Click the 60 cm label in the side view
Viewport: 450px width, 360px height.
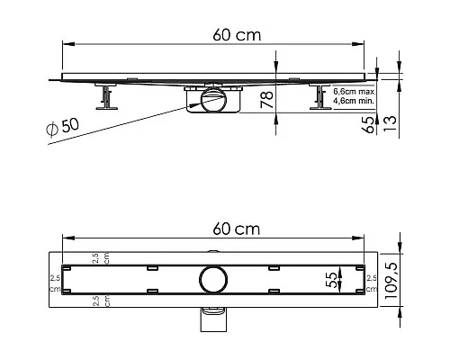coord(237,35)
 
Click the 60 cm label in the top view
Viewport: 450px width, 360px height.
coord(237,229)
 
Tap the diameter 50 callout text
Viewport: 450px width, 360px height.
coord(63,127)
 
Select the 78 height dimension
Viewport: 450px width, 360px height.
coord(266,100)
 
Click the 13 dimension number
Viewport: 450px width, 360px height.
coord(390,123)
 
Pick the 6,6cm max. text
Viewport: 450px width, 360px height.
coord(354,92)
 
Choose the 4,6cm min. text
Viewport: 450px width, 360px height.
coord(354,101)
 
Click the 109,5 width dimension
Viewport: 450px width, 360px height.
coord(391,280)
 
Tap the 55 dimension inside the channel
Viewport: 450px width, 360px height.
coord(331,280)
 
